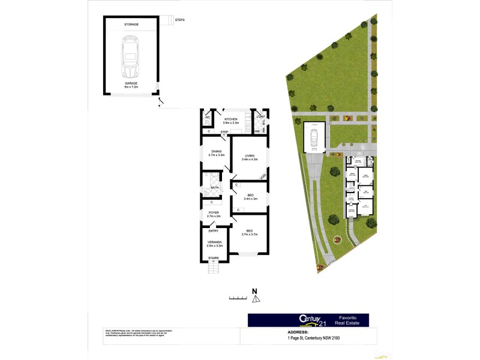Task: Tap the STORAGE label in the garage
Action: pos(131,24)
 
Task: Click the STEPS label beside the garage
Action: pos(180,20)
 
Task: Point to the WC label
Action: pos(207,118)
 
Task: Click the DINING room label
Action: pos(216,153)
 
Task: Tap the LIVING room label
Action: pos(249,157)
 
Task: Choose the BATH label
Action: pos(215,188)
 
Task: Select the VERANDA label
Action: pos(214,243)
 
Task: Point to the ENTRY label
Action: pos(214,231)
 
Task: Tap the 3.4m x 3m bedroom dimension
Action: pos(251,199)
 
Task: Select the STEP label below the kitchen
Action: pos(224,132)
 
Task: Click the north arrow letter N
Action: pos(254,292)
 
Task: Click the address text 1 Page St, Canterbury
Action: pos(317,338)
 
